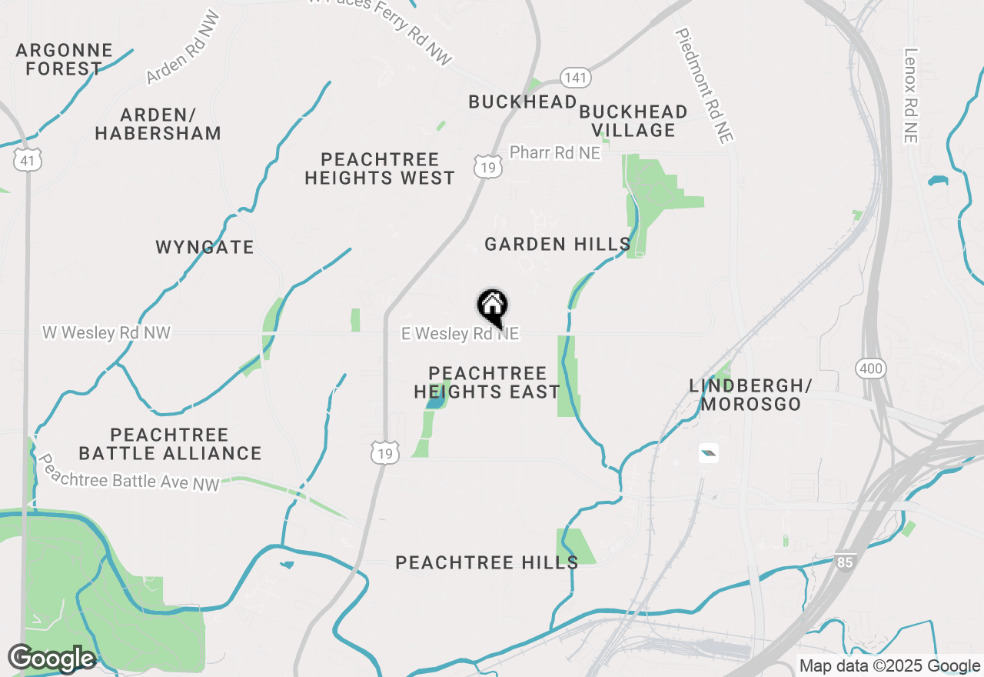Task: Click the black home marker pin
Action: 493,307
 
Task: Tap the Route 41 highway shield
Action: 27,160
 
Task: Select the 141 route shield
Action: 576,77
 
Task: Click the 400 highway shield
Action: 871,369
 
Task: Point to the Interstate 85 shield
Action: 845,563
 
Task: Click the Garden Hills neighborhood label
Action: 557,245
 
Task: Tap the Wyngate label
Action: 204,248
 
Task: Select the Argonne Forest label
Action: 64,60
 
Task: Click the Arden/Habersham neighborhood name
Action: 158,125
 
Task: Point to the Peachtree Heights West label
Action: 380,169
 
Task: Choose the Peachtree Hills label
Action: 487,563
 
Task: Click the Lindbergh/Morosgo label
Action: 751,395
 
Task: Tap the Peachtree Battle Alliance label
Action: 170,445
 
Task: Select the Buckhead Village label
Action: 633,122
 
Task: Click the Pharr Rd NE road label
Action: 555,152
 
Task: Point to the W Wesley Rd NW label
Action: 106,333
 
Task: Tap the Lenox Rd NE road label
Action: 911,96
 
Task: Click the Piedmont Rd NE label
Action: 705,85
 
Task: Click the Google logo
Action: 52,659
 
